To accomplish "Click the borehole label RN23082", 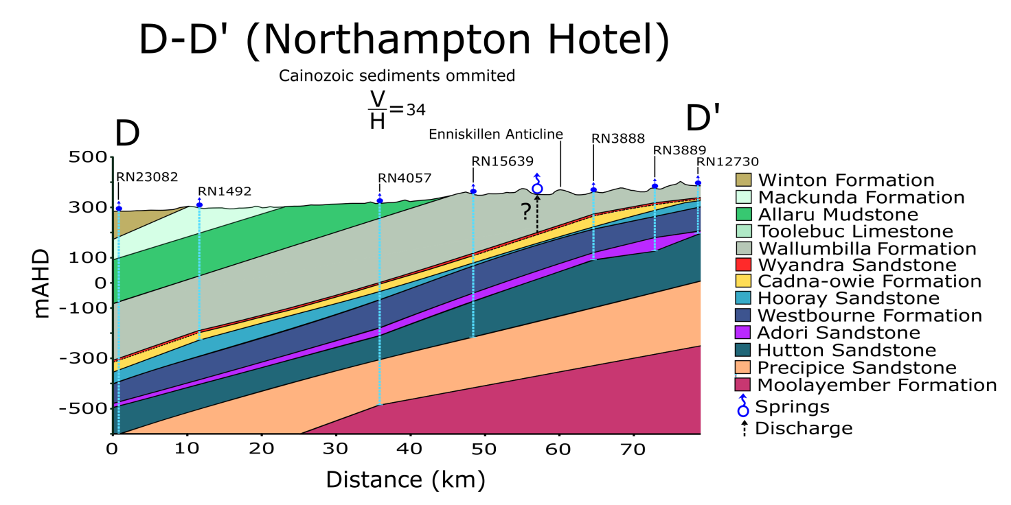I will pyautogui.click(x=147, y=176).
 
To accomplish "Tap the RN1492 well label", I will pyautogui.click(x=225, y=191).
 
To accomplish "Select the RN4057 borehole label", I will pyautogui.click(x=405, y=178).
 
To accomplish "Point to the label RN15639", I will pyautogui.click(x=502, y=161).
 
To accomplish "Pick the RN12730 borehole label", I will pyautogui.click(x=727, y=162).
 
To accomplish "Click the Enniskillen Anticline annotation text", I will pyautogui.click(x=495, y=134).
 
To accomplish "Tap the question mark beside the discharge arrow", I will pyautogui.click(x=525, y=212).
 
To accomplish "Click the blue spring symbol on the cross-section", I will pyautogui.click(x=538, y=185).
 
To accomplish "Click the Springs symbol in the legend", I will pyautogui.click(x=742, y=406).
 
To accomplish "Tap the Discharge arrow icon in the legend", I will pyautogui.click(x=744, y=428).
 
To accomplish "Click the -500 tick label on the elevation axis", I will pyautogui.click(x=85, y=408).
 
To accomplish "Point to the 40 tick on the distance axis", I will pyautogui.click(x=410, y=449).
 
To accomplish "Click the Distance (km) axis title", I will pyautogui.click(x=405, y=479).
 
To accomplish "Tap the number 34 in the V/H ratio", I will pyautogui.click(x=416, y=108).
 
